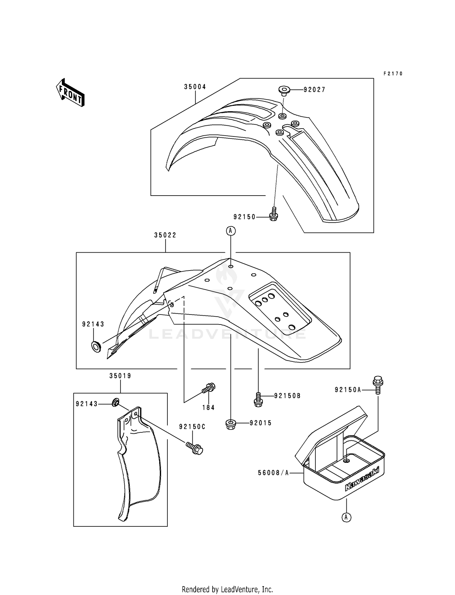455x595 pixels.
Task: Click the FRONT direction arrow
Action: [70, 92]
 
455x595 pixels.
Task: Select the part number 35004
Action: [195, 87]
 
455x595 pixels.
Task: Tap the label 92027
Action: [314, 90]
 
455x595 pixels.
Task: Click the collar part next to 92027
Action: [284, 90]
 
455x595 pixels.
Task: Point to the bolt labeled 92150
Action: [274, 214]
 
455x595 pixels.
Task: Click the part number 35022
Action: [165, 235]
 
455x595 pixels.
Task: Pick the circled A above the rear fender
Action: [231, 231]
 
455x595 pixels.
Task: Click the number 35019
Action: [120, 376]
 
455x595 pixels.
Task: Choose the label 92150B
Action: [287, 396]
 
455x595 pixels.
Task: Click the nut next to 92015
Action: [231, 424]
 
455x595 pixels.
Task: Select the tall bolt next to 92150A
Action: [378, 385]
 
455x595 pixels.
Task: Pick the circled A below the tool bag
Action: [346, 517]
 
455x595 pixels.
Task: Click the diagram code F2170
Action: [393, 74]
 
